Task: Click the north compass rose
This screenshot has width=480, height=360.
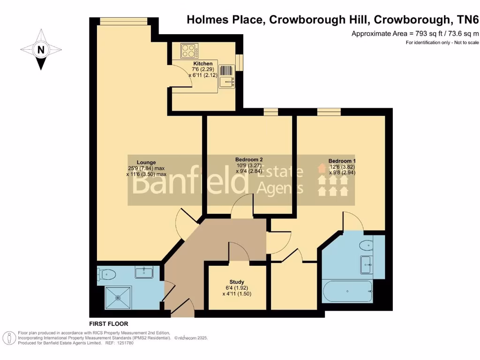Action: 41,49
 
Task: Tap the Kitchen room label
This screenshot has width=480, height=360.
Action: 202,64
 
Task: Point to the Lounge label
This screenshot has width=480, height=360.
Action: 146,163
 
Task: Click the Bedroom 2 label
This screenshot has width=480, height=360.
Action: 249,159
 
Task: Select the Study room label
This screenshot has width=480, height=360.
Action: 237,282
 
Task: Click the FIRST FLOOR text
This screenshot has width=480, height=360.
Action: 108,324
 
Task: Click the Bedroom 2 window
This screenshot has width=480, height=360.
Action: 270,111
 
